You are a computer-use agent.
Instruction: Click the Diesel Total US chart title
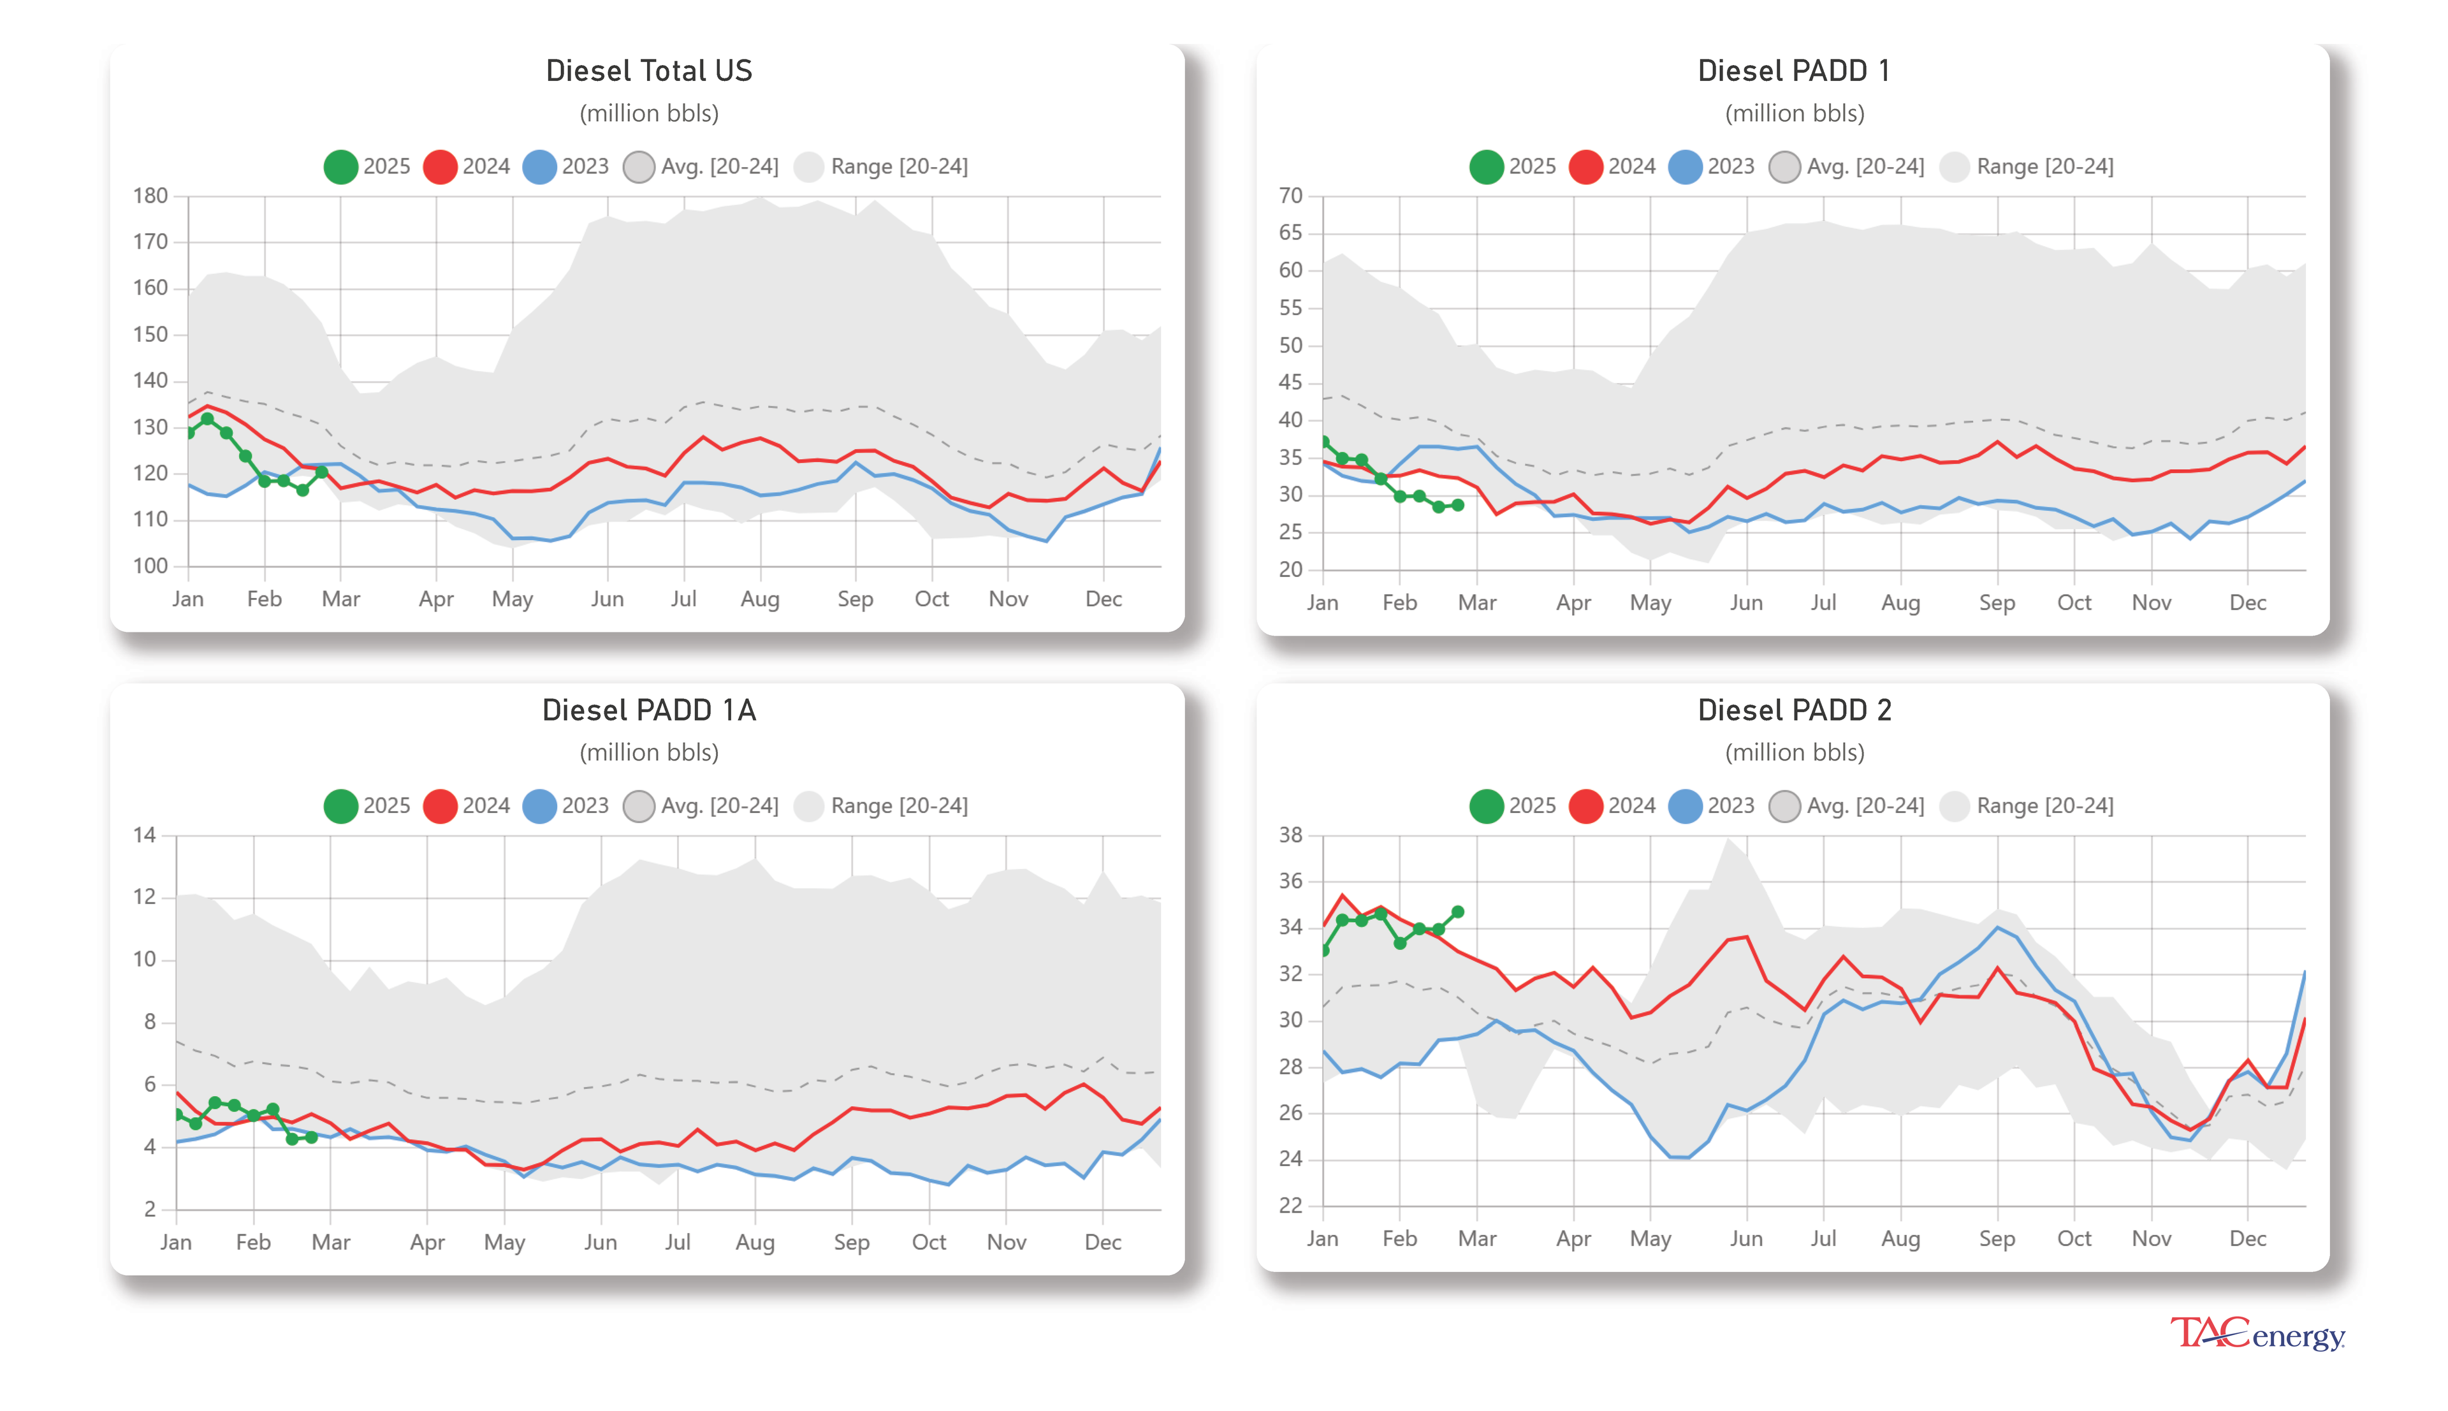tap(648, 71)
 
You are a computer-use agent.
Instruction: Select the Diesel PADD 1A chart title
tap(648, 710)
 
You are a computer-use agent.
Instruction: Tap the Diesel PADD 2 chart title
tap(1793, 710)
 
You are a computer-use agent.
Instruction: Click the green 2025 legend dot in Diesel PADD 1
tap(1485, 166)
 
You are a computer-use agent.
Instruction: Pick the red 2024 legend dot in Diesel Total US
tap(440, 166)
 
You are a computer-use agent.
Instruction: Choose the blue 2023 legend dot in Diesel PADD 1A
tap(539, 807)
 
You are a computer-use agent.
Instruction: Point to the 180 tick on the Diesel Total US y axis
tap(150, 196)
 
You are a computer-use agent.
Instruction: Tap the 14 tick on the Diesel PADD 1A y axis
tap(144, 835)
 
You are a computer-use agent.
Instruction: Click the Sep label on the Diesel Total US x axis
tap(854, 599)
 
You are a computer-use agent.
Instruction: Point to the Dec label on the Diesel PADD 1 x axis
tap(2247, 603)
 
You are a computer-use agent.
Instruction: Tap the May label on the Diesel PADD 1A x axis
tap(504, 1243)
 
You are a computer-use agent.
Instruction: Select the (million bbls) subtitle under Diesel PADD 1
tap(1793, 113)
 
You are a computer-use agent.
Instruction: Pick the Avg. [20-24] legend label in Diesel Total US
tap(719, 166)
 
